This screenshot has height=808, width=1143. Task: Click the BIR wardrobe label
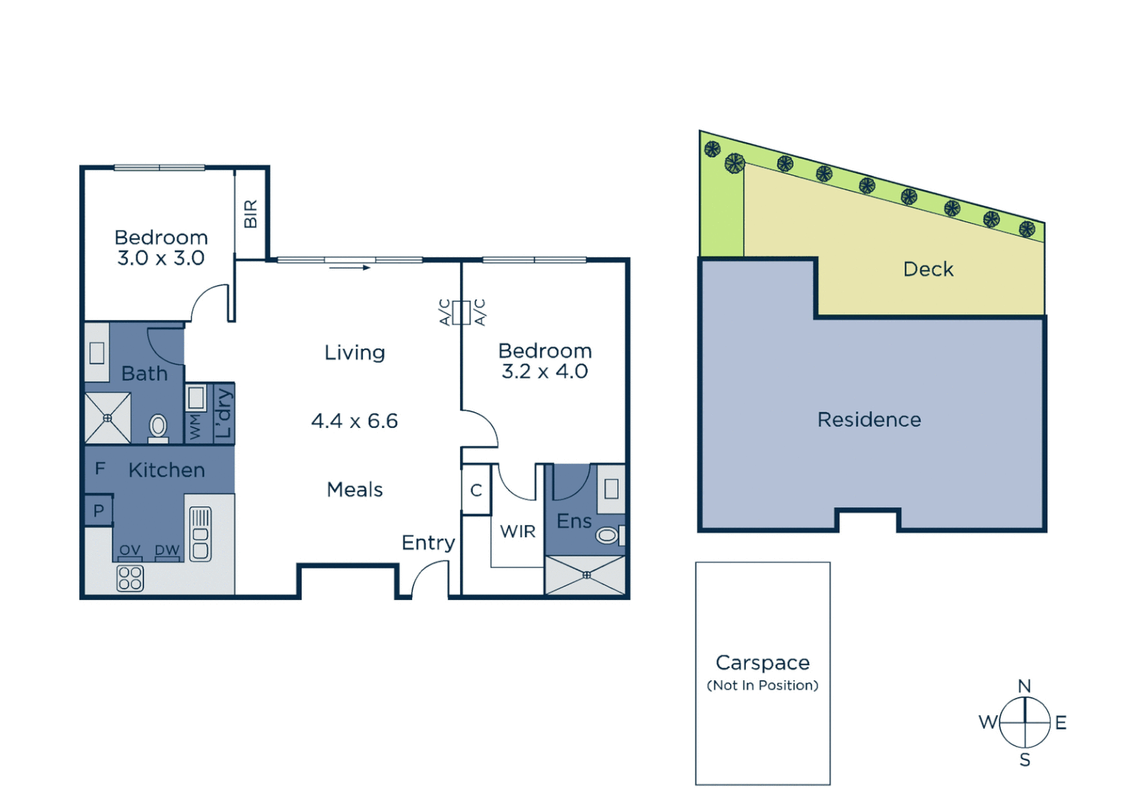251,214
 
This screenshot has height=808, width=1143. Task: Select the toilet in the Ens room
607,535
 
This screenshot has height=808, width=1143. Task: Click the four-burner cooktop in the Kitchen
130,578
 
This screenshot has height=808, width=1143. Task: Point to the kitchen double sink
200,534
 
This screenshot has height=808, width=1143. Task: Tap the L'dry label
224,413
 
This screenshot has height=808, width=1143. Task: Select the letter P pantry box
99,511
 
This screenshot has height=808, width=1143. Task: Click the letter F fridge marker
99,468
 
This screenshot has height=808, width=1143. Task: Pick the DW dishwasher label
167,550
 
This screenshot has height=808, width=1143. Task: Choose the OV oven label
130,550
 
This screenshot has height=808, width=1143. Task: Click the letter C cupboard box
476,491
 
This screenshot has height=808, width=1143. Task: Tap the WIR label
518,532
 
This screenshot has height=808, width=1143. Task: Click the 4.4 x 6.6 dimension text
355,421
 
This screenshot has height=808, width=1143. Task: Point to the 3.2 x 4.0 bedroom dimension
545,372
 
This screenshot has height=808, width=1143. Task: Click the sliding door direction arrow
350,267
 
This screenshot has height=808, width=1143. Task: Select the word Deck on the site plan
928,269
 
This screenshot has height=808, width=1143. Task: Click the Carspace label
762,663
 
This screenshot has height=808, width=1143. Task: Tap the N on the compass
1025,686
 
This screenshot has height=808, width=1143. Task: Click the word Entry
428,543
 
